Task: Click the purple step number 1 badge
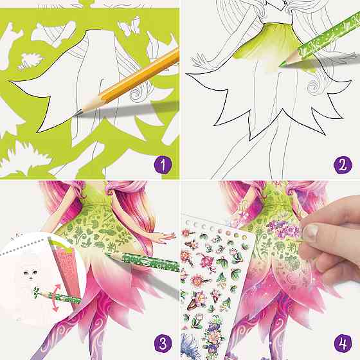coord(163,165)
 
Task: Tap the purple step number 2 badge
coord(343,165)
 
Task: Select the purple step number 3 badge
coord(163,343)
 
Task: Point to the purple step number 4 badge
coord(343,343)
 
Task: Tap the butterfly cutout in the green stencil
coord(129,26)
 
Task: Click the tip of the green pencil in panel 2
coord(280,66)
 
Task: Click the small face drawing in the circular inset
coord(30,273)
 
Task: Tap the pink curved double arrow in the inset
coord(55,298)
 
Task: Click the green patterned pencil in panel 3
coord(143,262)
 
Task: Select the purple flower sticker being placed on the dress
coord(283,229)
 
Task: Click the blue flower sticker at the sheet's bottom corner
coord(190,346)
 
